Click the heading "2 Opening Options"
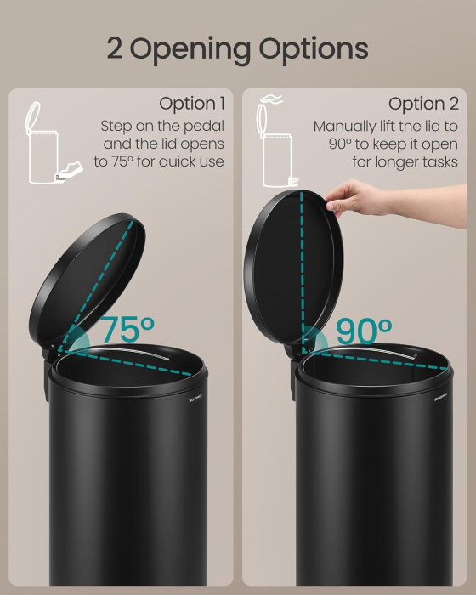click(237, 48)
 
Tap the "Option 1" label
click(192, 104)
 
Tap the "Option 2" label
click(423, 104)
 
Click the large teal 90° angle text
click(363, 331)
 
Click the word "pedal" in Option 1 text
click(203, 126)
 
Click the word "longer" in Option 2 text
click(393, 161)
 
